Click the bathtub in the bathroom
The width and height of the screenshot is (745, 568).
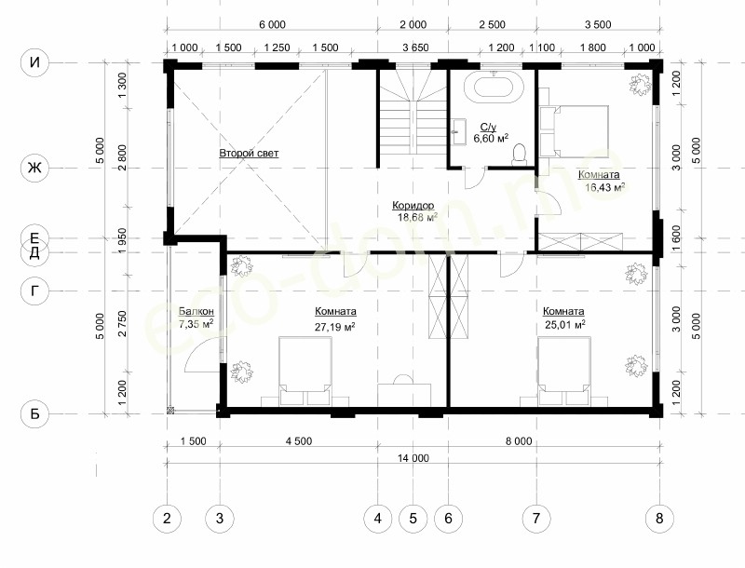(494, 88)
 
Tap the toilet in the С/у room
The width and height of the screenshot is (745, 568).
(520, 154)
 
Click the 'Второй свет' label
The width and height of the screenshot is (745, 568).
(249, 153)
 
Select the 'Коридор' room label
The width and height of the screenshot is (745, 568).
(413, 205)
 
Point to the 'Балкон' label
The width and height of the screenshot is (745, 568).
(196, 312)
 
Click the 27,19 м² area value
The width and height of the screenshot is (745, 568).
(335, 327)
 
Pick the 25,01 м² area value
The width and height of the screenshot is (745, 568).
(564, 325)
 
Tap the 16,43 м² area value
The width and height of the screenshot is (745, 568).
(604, 187)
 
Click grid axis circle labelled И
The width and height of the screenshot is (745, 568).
(34, 62)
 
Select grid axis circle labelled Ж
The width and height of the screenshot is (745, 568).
(34, 168)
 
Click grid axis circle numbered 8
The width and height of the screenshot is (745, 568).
(659, 518)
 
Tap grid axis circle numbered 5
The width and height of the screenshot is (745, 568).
(413, 518)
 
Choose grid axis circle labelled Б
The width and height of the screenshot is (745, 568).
(34, 413)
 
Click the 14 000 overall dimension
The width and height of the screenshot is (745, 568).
(413, 458)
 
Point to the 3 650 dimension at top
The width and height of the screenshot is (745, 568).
(415, 47)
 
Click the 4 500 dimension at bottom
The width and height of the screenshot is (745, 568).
(299, 441)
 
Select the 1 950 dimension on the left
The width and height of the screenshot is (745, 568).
(122, 241)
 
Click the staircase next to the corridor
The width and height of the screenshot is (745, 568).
(412, 111)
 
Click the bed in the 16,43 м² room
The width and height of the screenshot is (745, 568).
(574, 131)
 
